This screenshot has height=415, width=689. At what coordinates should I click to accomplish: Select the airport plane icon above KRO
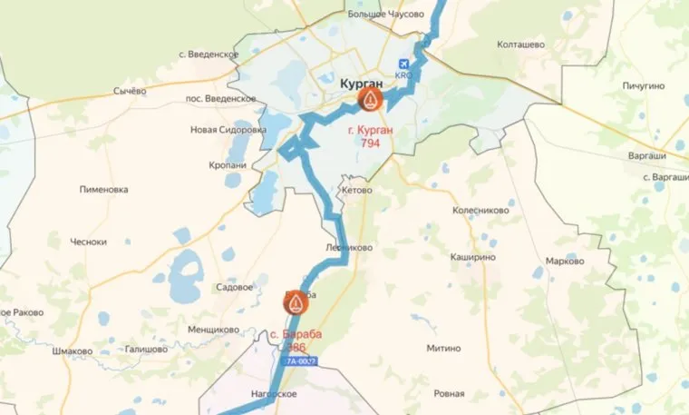404,64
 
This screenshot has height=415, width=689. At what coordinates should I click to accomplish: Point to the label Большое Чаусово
386,15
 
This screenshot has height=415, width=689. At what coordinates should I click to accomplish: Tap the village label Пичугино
645,85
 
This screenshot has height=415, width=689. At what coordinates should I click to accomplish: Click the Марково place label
565,262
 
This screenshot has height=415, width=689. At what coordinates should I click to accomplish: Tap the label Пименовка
103,190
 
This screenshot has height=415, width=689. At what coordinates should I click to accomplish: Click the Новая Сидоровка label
228,130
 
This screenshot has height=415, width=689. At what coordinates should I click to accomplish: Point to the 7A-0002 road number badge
301,361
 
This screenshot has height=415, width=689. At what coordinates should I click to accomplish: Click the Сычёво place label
129,91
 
